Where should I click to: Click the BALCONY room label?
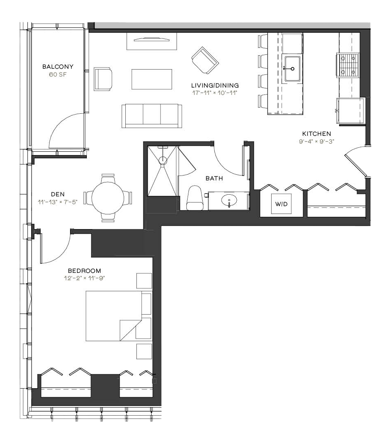[58, 67]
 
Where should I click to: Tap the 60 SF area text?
[58, 75]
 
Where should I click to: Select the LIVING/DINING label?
[215, 85]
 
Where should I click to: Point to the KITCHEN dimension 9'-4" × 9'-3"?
[317, 142]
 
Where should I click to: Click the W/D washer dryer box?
[281, 204]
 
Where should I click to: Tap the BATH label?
[214, 178]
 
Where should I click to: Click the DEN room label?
[58, 194]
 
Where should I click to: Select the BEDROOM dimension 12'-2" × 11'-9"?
[84, 278]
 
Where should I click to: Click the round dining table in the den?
[108, 198]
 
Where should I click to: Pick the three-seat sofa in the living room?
[152, 116]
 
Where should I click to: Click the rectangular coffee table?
[152, 79]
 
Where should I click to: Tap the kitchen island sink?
[292, 69]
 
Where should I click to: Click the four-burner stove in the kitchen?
[348, 65]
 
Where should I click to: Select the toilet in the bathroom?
[195, 198]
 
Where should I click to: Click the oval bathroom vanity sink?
[229, 200]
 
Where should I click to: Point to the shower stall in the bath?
[162, 171]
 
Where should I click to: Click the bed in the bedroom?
[114, 316]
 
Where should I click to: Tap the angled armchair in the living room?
[205, 60]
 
